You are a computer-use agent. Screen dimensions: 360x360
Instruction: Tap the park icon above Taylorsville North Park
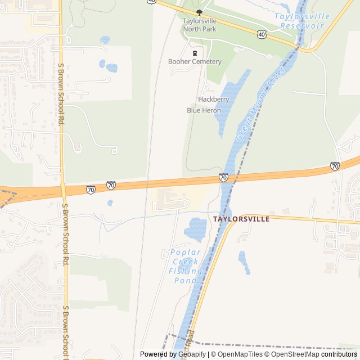tap(199, 12)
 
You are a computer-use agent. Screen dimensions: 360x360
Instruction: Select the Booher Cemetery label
tap(195, 61)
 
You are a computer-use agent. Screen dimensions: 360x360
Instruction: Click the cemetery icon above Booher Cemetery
tap(195, 53)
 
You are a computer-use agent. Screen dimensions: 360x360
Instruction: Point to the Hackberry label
tap(213, 99)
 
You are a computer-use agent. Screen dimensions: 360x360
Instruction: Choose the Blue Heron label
tap(204, 110)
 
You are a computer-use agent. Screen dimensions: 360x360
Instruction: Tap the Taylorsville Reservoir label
tap(301, 21)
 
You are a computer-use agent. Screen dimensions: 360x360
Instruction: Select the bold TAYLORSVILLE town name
tap(241, 219)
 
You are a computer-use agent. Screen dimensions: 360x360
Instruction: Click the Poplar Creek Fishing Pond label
tap(185, 266)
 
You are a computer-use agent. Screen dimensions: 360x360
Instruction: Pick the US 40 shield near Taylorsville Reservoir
tap(262, 35)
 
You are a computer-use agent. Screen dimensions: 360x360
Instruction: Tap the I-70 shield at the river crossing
tap(223, 178)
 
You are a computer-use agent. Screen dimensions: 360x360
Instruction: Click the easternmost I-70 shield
tap(335, 166)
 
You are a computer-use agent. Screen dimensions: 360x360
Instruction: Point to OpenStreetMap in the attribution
tap(292, 354)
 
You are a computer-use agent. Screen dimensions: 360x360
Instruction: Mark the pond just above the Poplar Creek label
tap(196, 229)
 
